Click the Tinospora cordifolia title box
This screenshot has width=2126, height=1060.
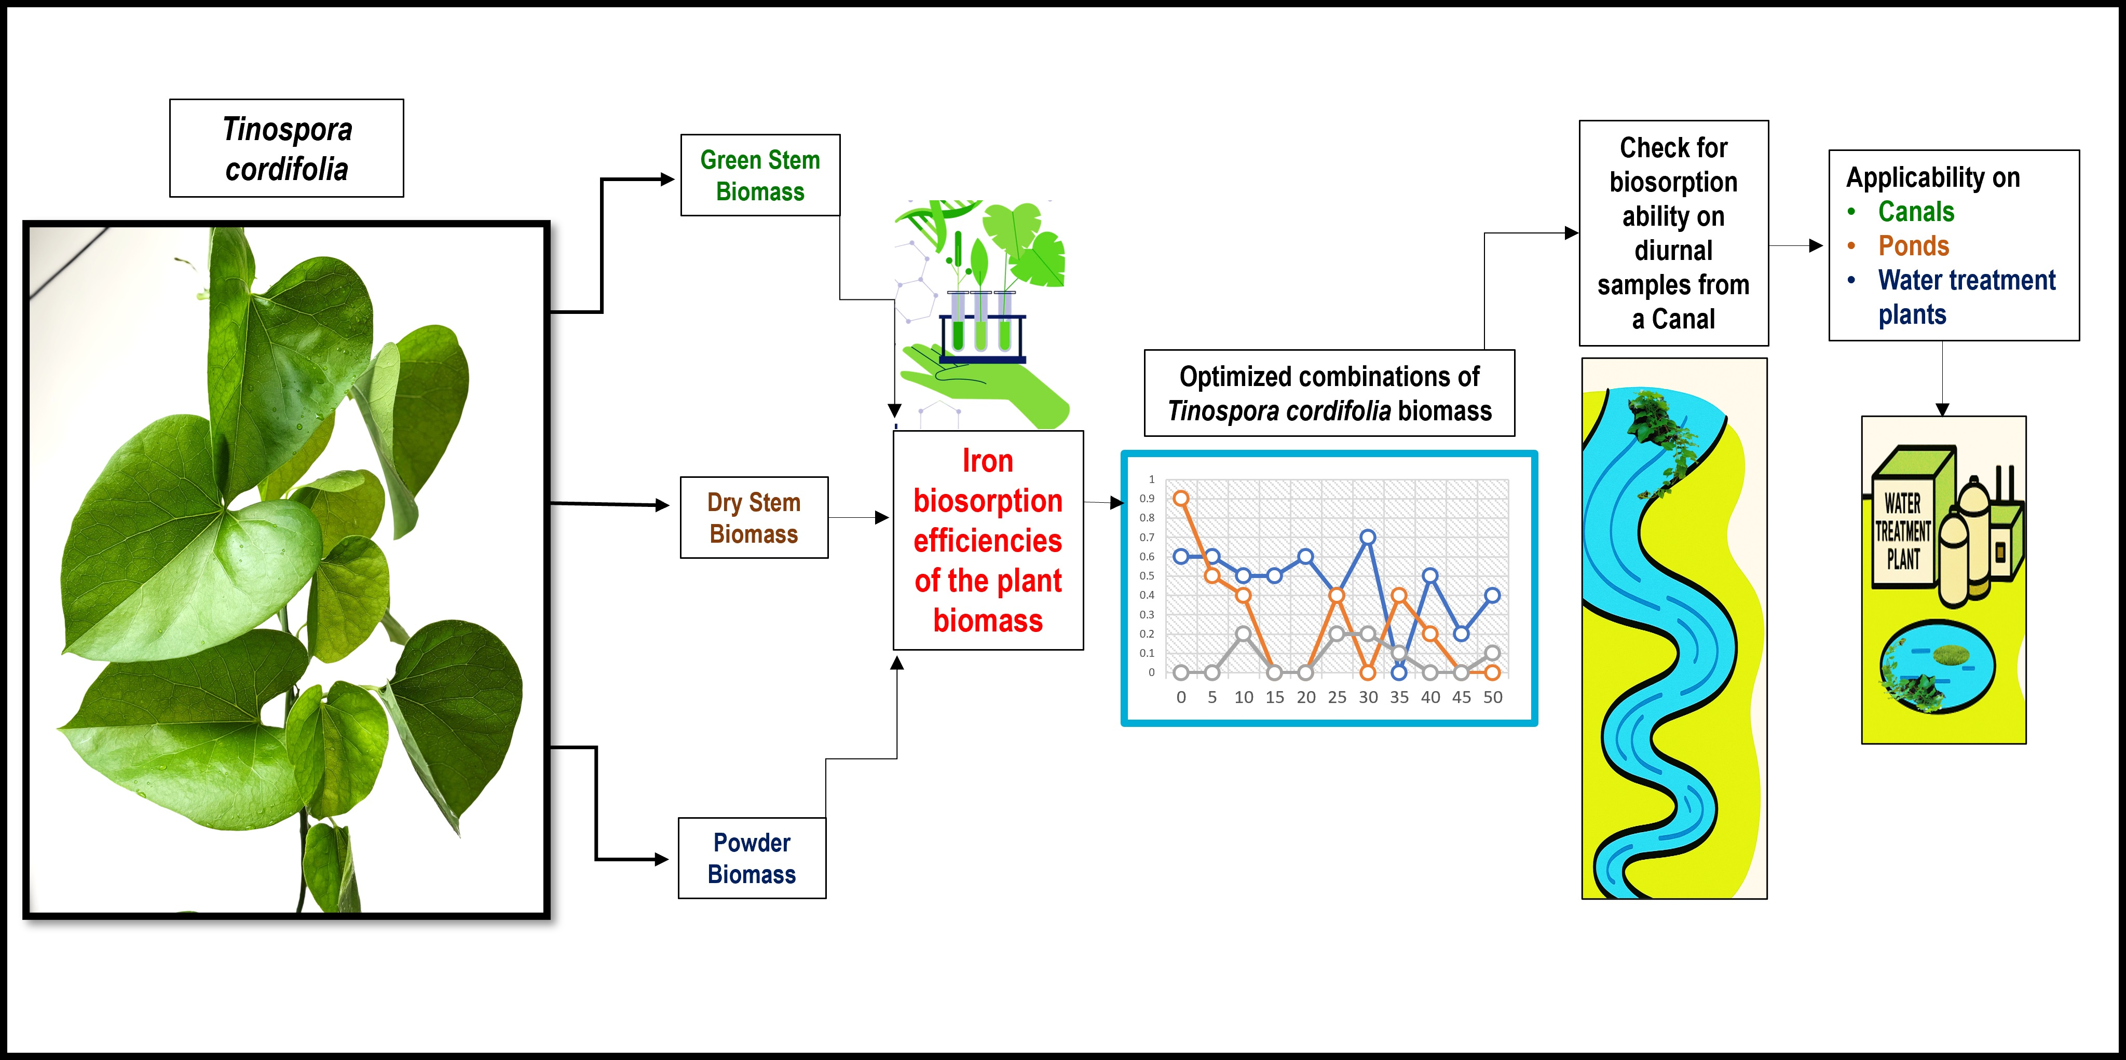pyautogui.click(x=287, y=148)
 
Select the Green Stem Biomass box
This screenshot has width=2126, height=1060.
pyautogui.click(x=759, y=175)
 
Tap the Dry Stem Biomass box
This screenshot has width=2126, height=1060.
pyautogui.click(x=754, y=517)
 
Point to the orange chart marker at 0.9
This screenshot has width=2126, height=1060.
pyautogui.click(x=1181, y=498)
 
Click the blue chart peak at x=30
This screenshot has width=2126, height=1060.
pyautogui.click(x=1368, y=537)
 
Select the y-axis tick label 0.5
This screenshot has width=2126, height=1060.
pyautogui.click(x=1147, y=576)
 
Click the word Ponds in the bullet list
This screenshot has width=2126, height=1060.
pyautogui.click(x=1913, y=246)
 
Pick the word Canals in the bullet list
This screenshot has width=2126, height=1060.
pyautogui.click(x=1916, y=212)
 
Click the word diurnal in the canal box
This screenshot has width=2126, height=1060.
pyautogui.click(x=1673, y=250)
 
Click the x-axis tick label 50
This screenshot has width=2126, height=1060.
pyautogui.click(x=1492, y=697)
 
